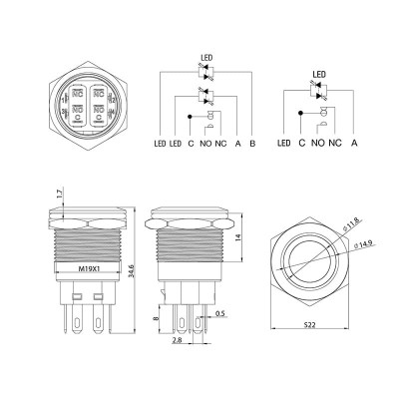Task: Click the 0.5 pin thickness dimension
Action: pos(220,315)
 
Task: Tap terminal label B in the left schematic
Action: pos(252,144)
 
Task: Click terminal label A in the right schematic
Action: pos(354,144)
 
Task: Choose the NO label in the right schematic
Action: pos(318,144)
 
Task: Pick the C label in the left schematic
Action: pos(191,144)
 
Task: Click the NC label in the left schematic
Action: pos(219,144)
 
